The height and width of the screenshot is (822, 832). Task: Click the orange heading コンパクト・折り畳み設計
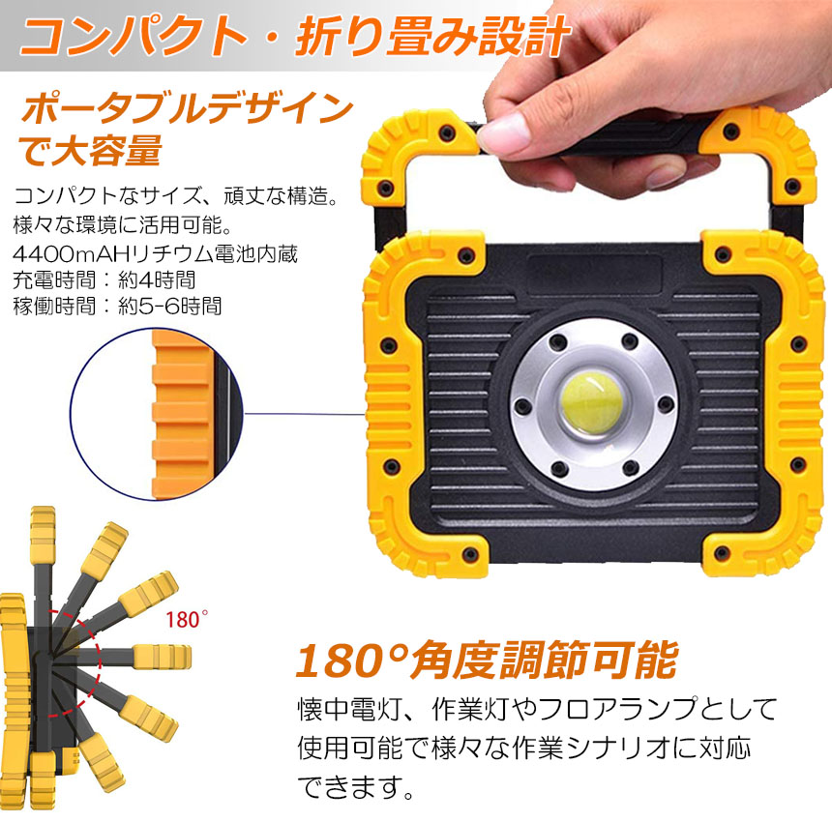point(295,36)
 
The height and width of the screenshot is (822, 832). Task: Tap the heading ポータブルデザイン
point(187,108)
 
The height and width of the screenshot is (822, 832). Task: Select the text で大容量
point(90,150)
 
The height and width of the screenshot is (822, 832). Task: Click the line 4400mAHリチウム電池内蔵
point(155,254)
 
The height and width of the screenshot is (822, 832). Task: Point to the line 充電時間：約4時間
point(104,280)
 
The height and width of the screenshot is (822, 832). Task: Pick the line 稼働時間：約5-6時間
point(117,306)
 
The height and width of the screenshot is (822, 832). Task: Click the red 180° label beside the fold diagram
point(187,620)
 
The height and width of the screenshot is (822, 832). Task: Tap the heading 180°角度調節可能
point(486,661)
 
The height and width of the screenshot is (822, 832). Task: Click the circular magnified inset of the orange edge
point(157,414)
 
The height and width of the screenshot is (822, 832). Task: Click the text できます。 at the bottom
point(355,787)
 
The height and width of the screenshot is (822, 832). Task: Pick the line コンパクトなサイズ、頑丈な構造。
point(176,195)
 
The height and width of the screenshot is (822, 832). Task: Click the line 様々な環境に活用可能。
point(123,225)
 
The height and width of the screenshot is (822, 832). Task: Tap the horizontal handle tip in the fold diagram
point(163,657)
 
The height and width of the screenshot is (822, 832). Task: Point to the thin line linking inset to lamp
point(305,414)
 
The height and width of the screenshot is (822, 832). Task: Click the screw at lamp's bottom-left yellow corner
point(469,555)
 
